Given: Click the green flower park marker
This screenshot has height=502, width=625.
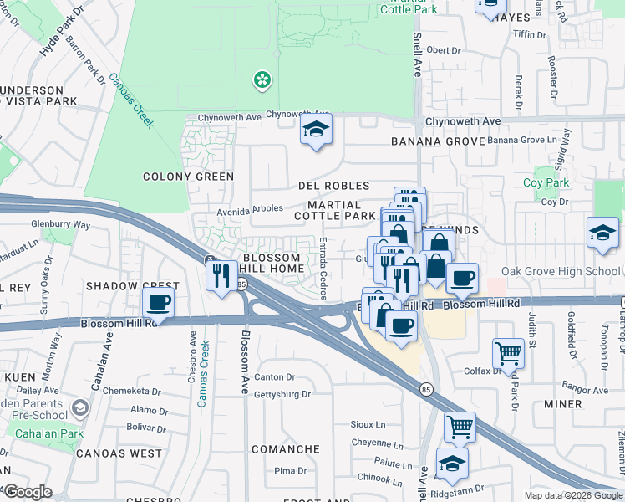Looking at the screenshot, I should point(262,79).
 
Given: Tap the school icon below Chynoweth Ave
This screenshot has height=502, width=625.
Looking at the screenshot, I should point(316,130).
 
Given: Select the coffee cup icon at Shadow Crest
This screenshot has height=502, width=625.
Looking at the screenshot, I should point(158,303).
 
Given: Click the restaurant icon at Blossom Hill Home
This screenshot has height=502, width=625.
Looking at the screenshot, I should point(221,276).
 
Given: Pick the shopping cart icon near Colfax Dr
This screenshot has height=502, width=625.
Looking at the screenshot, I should point(508,353).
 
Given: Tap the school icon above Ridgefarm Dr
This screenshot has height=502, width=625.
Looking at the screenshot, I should point(452,463).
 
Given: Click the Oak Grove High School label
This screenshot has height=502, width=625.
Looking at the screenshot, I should point(561,271).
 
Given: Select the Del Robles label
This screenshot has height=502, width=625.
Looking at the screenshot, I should point(334,186).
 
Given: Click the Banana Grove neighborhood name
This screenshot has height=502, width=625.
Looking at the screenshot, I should point(438,141).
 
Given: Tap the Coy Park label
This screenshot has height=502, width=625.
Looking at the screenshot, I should point(546,182).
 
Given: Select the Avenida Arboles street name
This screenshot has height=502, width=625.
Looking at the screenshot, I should point(251,209).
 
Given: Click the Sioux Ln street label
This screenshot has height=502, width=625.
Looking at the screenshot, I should point(368,425).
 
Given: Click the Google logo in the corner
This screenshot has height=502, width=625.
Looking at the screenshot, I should point(28,492).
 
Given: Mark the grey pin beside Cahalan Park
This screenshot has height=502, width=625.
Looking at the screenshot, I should point(80,408).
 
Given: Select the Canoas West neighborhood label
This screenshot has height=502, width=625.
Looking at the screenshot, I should point(119,453).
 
